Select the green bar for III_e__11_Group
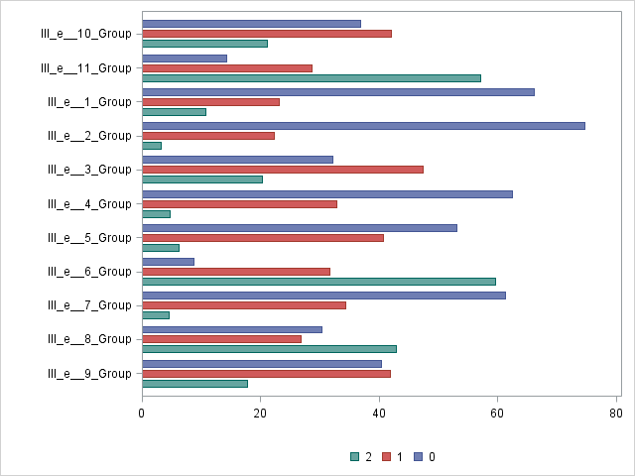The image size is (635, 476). pos(312,78)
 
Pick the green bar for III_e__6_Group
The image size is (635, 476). pos(318,282)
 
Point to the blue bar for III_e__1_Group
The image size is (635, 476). pos(338,92)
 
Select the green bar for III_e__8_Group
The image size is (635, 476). pos(269,349)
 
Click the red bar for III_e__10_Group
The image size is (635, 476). pos(267,34)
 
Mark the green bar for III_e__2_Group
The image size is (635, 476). pos(152,146)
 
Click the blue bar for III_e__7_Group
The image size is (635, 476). pos(323,296)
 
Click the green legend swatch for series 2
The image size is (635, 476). pos(354,457)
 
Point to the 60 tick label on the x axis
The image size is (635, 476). pos(497,413)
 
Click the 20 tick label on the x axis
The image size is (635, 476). pos(260,413)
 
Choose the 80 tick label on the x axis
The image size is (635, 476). pos(615,413)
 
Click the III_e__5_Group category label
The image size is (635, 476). pos(90,238)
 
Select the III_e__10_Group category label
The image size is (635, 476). pos(86,34)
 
